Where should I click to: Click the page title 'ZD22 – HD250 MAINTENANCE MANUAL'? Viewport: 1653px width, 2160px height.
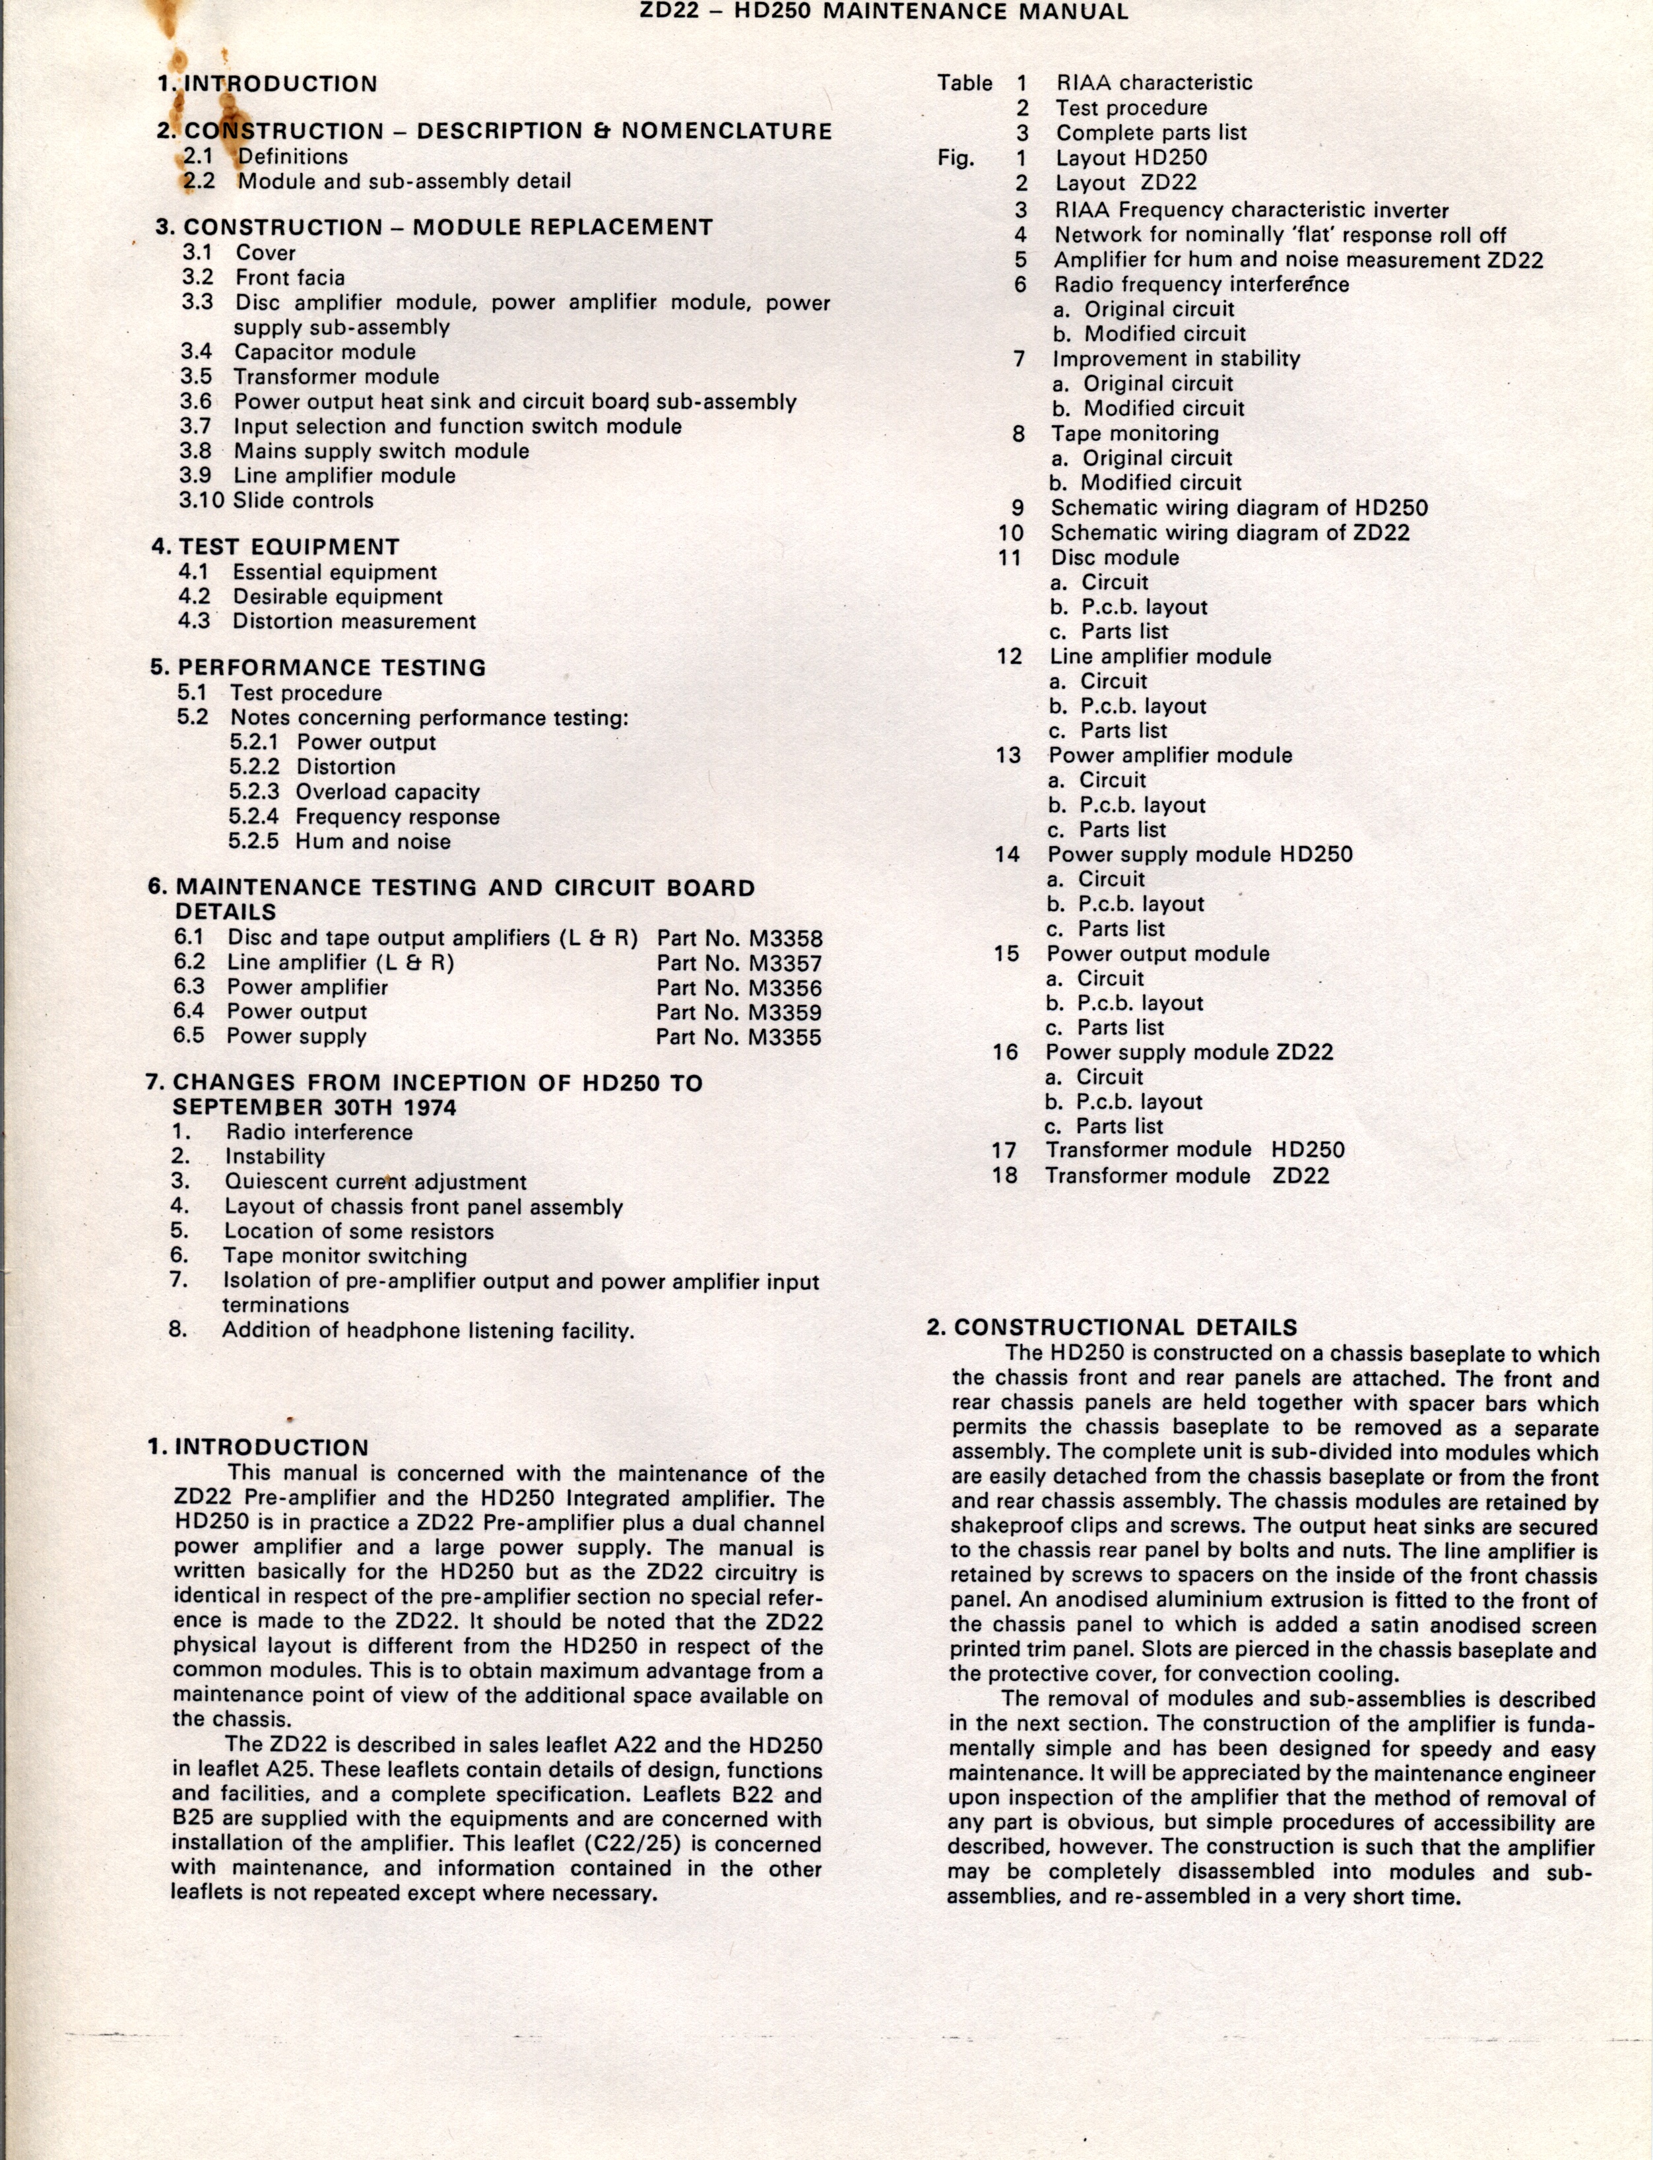click(x=882, y=13)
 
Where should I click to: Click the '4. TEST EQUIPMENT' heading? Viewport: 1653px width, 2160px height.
click(x=276, y=547)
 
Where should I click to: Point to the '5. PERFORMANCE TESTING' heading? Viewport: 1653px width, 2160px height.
click(x=318, y=668)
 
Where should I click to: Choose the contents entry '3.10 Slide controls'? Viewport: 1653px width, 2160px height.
click(x=276, y=501)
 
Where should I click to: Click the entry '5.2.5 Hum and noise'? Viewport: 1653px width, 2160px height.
click(x=339, y=842)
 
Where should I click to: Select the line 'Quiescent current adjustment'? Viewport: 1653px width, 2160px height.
click(x=375, y=1183)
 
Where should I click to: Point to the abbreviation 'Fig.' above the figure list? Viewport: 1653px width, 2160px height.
click(x=956, y=158)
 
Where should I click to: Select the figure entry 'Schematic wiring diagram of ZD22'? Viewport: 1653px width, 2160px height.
click(x=1230, y=533)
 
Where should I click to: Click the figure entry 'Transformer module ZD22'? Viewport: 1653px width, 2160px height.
click(x=1186, y=1176)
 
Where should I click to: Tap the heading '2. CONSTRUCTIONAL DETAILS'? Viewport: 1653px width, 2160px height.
click(x=1112, y=1328)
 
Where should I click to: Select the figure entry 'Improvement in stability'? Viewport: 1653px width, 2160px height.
click(x=1176, y=359)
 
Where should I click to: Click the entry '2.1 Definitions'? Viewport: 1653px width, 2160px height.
click(x=266, y=156)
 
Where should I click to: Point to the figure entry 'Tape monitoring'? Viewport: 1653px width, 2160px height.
click(x=1134, y=434)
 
